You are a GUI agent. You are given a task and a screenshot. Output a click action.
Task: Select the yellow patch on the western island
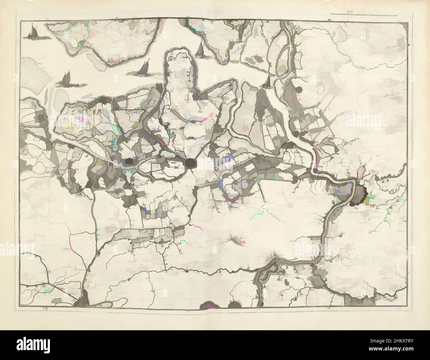[69, 124]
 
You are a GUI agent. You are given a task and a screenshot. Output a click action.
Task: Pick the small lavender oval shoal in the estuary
[87, 96]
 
